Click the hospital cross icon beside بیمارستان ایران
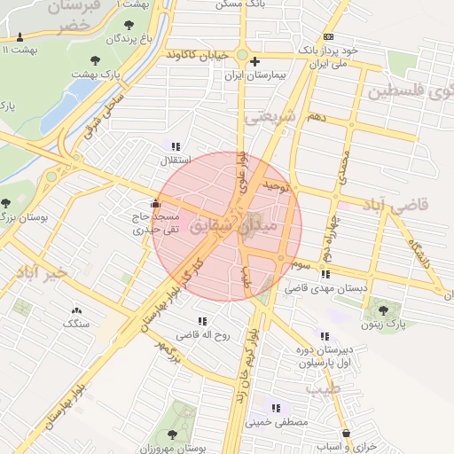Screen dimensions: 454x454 click(255, 61)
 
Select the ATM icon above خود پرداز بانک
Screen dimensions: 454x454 click(329, 36)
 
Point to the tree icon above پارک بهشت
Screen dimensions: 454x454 click(95, 60)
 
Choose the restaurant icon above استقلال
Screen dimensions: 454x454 click(175, 146)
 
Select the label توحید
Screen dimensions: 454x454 click(275, 187)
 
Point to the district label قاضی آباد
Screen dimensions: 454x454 click(395, 205)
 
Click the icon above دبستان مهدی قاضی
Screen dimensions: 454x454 click(326, 275)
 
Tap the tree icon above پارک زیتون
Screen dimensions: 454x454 click(383, 310)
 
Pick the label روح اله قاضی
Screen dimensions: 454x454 click(203, 336)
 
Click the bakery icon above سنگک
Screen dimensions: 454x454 click(75, 310)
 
